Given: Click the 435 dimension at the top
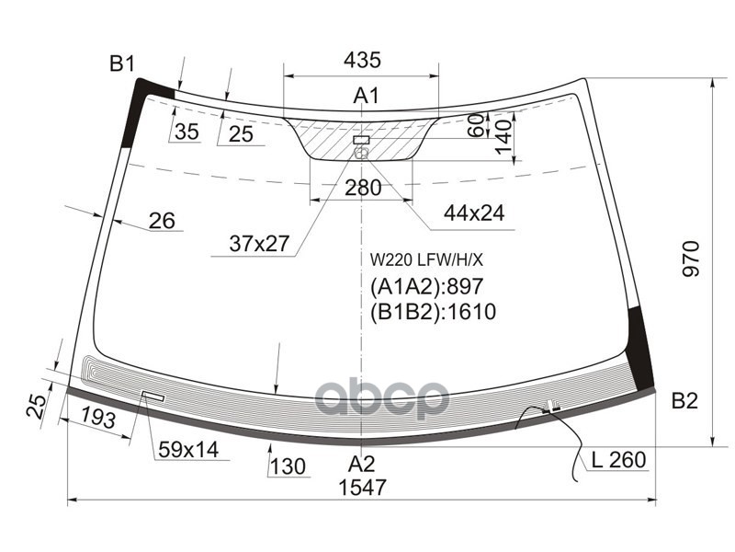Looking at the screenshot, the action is (362, 60).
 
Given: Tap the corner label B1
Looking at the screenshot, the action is (122, 63).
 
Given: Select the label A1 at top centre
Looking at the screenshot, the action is (366, 96).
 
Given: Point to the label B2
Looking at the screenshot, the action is (684, 401).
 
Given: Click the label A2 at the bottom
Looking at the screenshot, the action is (361, 464).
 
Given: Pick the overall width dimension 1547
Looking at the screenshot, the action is (362, 488).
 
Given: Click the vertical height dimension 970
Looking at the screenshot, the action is (691, 259).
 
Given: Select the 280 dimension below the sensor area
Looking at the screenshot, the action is (363, 188).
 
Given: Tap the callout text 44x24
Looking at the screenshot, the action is (474, 213).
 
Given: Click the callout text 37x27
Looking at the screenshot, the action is (259, 244).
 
